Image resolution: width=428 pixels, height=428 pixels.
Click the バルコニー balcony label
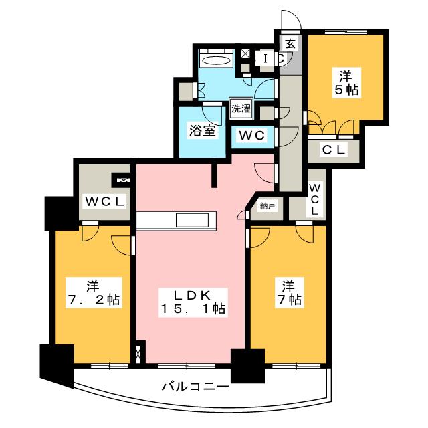coord(195,386)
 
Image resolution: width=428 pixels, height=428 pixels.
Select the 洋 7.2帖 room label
coord(93,293)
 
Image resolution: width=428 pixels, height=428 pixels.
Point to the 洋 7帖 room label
coord(288,293)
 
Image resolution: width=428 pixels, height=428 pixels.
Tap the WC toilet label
coord(253,136)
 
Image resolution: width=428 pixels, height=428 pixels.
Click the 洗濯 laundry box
coord(241,108)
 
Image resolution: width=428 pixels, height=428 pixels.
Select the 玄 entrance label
coord(290,45)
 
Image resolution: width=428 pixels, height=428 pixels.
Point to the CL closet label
coord(334,150)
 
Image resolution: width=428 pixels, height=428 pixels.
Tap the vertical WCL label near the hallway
coord(315,199)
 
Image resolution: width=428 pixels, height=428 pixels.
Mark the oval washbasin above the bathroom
coord(216,60)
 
